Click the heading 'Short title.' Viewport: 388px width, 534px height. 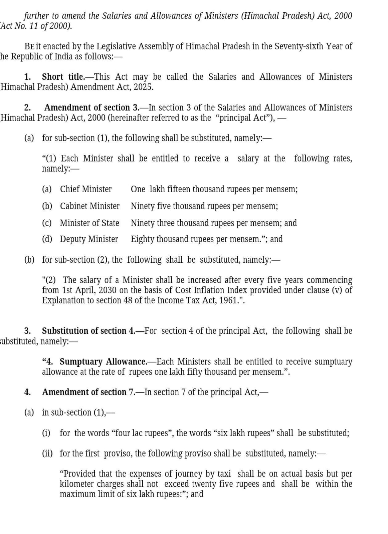63,77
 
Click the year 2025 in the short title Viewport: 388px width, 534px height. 143,87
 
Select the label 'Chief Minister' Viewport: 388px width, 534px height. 86,189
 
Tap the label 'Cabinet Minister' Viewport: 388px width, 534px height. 89,206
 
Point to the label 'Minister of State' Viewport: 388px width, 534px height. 89,223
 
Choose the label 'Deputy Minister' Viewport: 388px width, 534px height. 89,239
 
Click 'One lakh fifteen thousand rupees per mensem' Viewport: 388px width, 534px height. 214,189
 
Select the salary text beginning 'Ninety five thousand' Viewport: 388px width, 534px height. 204,206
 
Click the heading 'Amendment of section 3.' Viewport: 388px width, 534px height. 92,107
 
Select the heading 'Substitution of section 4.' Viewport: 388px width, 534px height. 88,331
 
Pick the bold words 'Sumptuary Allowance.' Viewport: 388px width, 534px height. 103,361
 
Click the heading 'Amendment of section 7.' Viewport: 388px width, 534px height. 88,392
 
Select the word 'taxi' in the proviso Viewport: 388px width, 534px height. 224,474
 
